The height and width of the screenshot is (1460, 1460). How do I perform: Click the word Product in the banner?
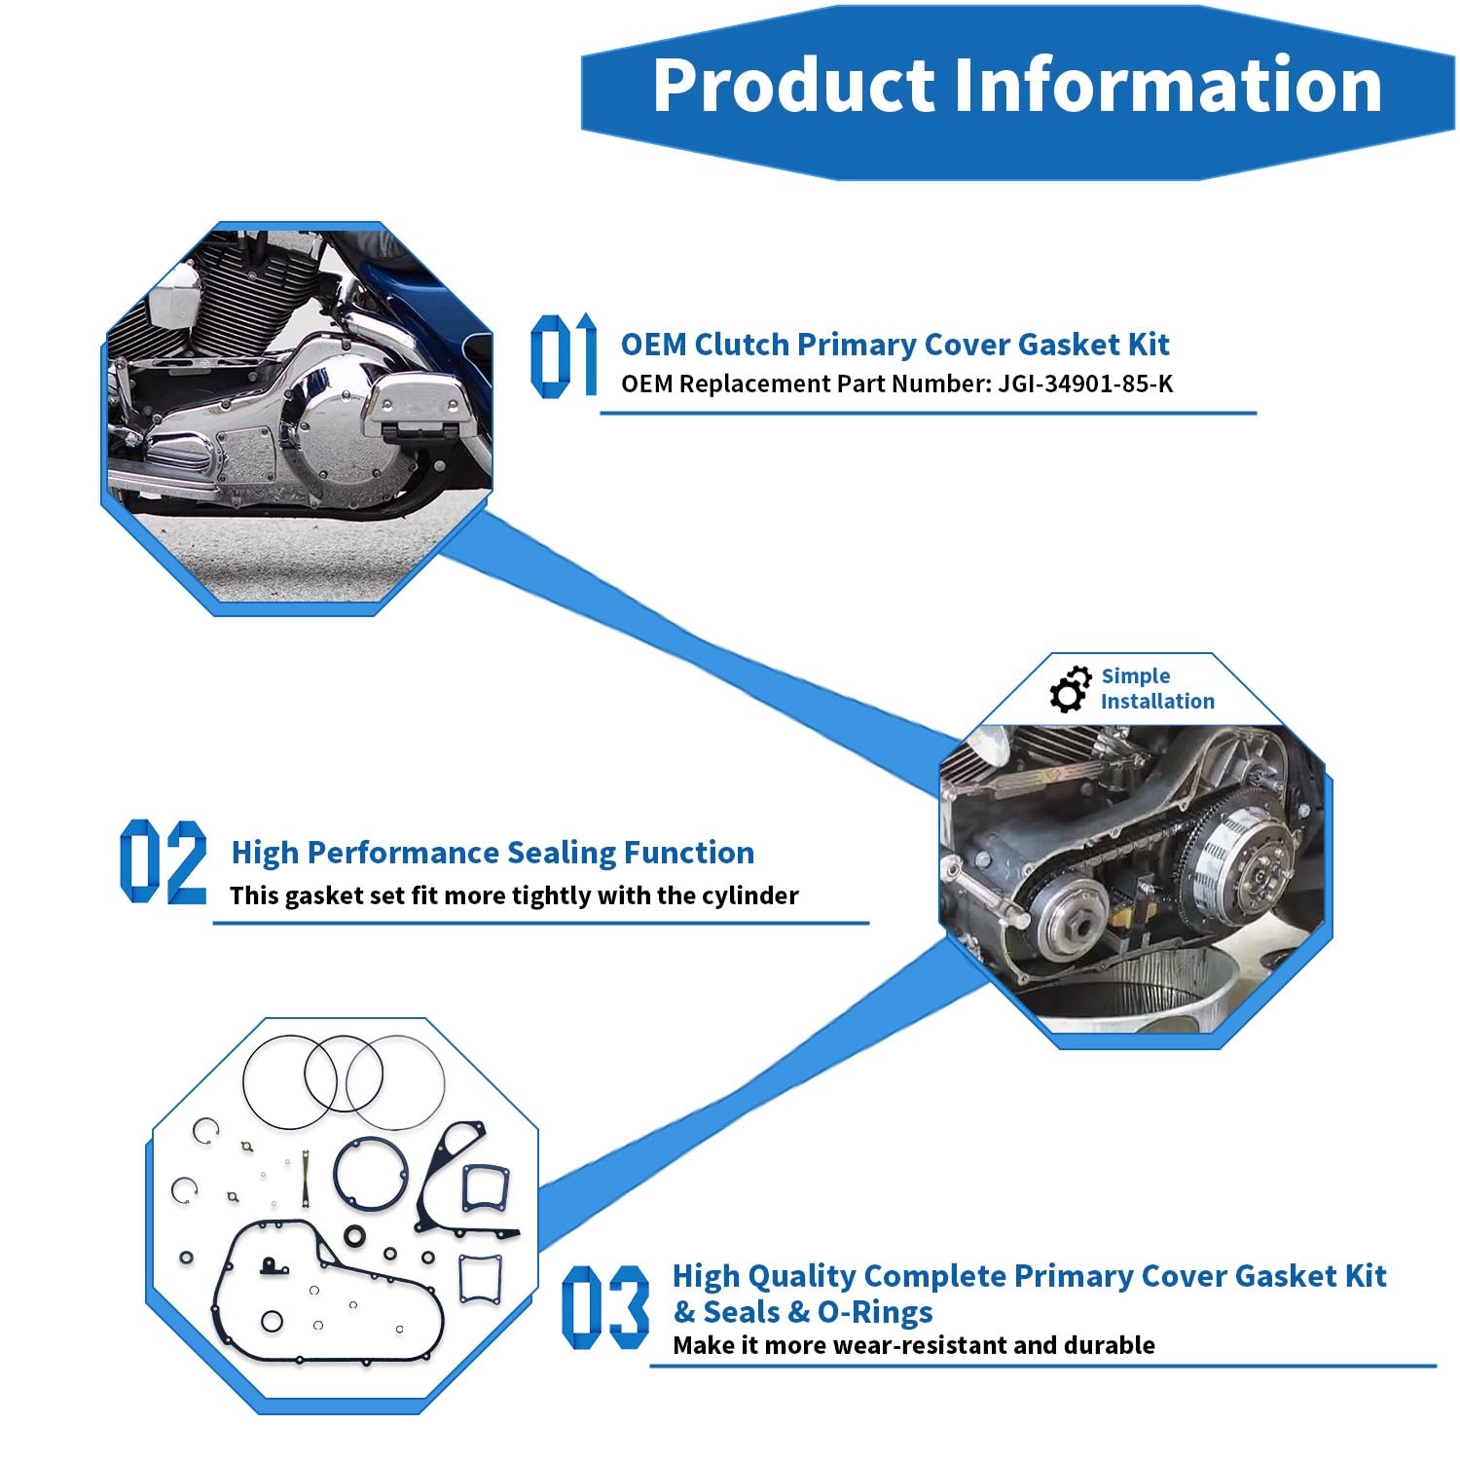click(792, 85)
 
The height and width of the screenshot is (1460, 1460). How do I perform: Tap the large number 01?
click(564, 355)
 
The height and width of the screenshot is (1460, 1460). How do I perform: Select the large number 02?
click(164, 861)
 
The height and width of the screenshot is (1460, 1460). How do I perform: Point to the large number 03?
click(605, 1306)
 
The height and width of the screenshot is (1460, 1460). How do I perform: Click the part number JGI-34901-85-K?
click(1085, 383)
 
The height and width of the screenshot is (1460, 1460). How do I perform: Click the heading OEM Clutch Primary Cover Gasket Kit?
click(895, 345)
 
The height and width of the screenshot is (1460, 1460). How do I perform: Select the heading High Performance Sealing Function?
click(493, 853)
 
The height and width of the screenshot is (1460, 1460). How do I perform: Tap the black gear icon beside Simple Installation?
click(1071, 689)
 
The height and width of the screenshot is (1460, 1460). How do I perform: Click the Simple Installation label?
click(1157, 688)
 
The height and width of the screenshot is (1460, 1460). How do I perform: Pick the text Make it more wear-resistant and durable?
click(914, 1345)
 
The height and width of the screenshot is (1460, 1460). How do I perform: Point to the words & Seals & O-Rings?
click(803, 1312)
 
